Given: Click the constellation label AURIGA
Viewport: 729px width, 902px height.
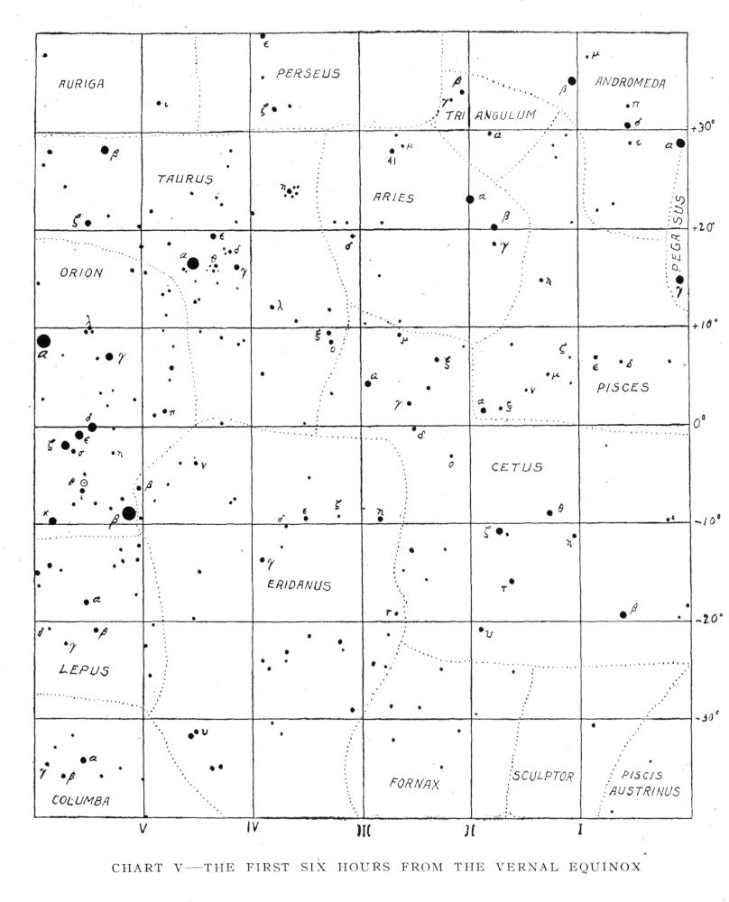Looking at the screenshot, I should (82, 84).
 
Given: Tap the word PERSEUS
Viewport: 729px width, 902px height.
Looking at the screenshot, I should (309, 73).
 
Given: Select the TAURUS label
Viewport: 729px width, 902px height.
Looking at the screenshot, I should (185, 179).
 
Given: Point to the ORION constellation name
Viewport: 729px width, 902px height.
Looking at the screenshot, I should (81, 272).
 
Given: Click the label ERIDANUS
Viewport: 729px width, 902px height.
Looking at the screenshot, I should (300, 585).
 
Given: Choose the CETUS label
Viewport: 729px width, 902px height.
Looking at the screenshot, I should (517, 467).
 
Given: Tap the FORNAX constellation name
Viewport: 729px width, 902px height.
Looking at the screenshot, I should (415, 783).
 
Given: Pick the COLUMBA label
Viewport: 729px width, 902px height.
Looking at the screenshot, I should (80, 800).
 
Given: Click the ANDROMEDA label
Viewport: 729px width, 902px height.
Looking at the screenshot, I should (631, 83).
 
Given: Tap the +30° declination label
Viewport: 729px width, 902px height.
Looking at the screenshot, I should (703, 125).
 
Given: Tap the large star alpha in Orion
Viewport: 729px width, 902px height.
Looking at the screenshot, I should (42, 341).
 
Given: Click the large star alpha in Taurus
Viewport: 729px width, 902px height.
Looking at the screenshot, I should (192, 263).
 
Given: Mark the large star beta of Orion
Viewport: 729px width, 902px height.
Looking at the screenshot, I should (129, 513).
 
